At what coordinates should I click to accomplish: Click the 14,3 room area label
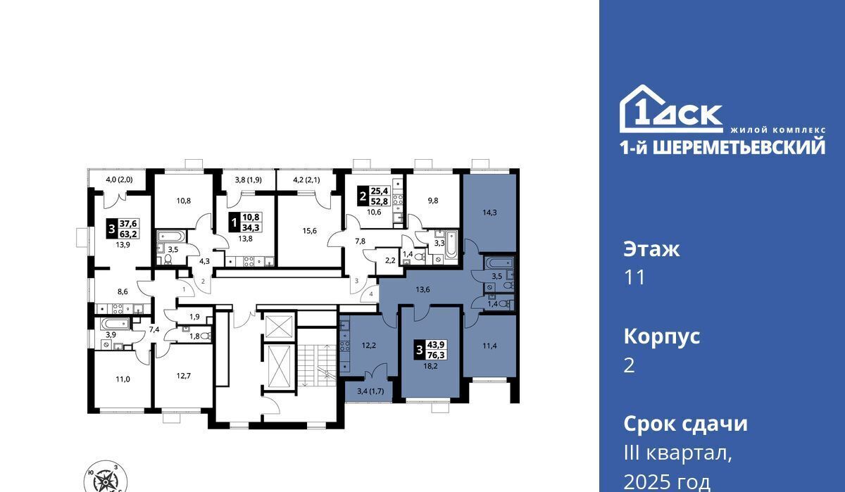[x=489, y=213]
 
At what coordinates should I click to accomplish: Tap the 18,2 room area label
[x=430, y=366]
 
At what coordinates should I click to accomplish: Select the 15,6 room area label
[x=309, y=231]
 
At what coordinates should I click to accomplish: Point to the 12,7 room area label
[x=184, y=376]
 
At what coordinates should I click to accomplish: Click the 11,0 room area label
[x=123, y=379]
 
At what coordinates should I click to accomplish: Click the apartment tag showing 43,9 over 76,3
[x=430, y=351]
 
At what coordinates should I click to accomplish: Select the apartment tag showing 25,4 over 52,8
[x=373, y=197]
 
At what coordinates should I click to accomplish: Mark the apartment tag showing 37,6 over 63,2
[x=123, y=229]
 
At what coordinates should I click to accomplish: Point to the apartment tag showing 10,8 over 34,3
[x=246, y=222]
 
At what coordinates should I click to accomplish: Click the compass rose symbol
[x=106, y=481]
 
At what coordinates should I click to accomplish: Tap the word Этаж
[x=651, y=250]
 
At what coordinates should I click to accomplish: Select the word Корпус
[x=662, y=337]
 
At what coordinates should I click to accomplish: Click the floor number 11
[x=635, y=278]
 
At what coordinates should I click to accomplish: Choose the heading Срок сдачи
[x=685, y=424]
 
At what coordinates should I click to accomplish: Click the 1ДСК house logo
[x=671, y=108]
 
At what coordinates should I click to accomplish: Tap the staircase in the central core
[x=317, y=365]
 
